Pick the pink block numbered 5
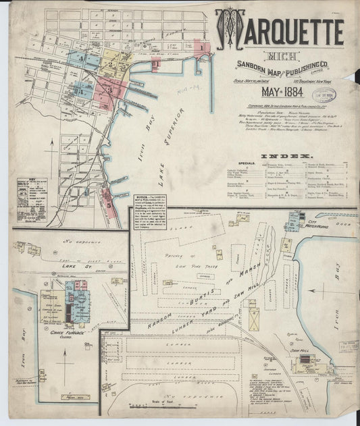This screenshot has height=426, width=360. point(108,198)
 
